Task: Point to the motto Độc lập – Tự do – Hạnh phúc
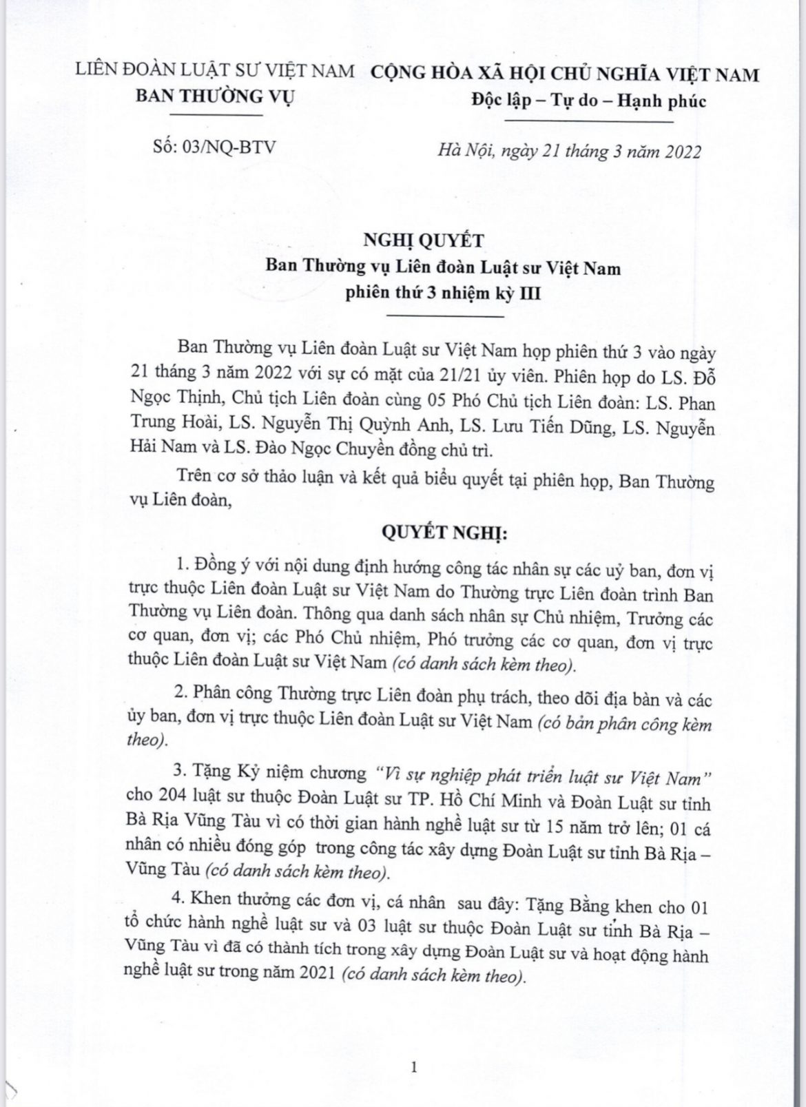pos(588,101)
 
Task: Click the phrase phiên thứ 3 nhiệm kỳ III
pos(444,293)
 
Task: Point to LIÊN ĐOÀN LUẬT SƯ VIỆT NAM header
pos(214,72)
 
